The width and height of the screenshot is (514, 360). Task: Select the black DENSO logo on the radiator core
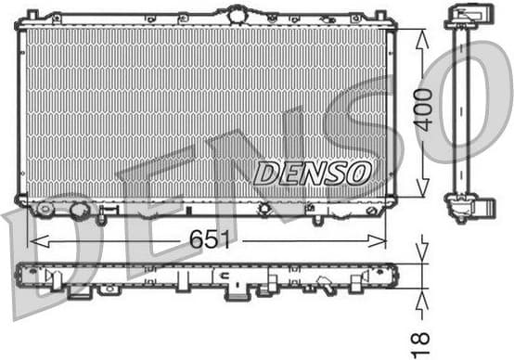click(x=313, y=172)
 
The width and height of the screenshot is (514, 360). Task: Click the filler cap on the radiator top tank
click(x=238, y=13)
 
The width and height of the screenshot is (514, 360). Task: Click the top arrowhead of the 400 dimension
click(x=423, y=35)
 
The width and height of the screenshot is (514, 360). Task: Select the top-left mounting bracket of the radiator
click(x=32, y=17)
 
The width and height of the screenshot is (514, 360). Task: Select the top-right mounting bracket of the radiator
click(x=379, y=17)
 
